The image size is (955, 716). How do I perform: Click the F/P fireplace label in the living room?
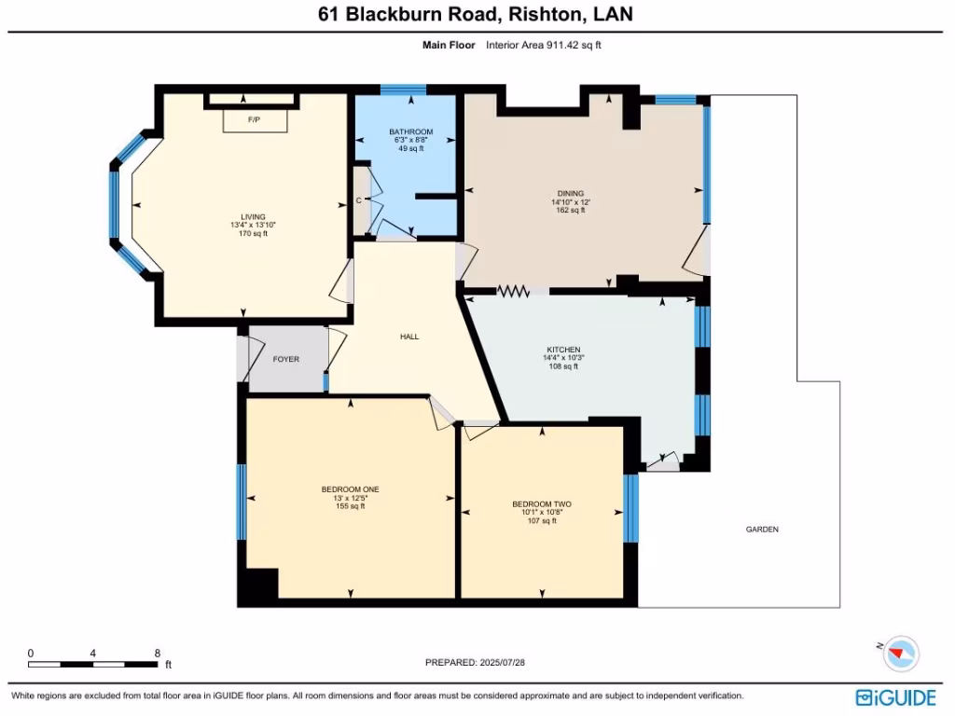(x=254, y=121)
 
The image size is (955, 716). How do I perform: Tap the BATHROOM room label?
(x=410, y=132)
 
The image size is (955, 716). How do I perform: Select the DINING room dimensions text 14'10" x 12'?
(x=571, y=202)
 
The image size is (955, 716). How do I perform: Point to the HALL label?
(x=408, y=337)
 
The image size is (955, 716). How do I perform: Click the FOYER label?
(x=285, y=359)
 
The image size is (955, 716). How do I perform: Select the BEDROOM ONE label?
(x=350, y=489)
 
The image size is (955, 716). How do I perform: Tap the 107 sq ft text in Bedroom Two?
(x=541, y=521)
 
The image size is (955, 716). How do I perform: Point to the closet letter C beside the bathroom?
(x=359, y=200)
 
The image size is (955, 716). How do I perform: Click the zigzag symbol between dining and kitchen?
(x=512, y=291)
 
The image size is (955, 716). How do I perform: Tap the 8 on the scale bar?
(x=157, y=654)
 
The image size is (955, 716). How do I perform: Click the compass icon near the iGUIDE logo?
(x=900, y=653)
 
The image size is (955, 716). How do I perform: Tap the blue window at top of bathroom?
(x=404, y=89)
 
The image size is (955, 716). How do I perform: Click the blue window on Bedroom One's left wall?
(x=241, y=502)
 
